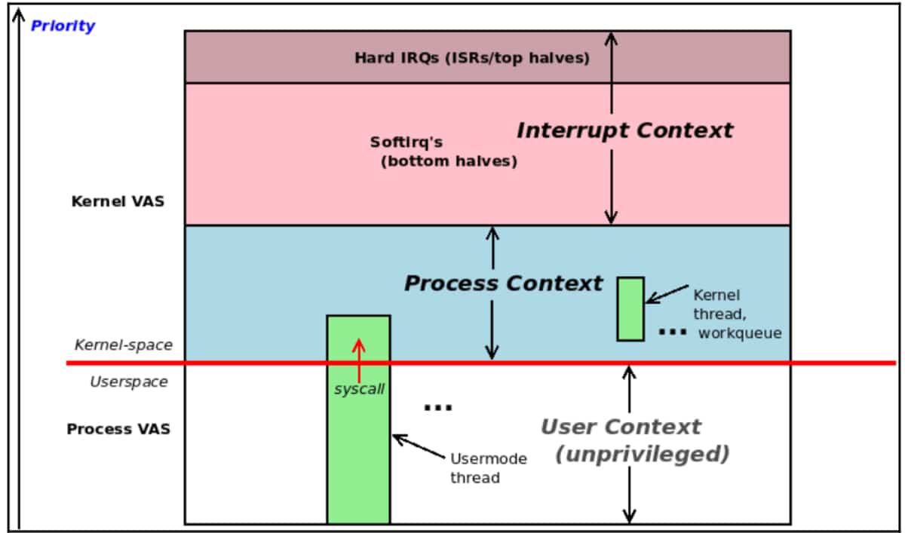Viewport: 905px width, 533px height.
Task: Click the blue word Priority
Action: click(63, 26)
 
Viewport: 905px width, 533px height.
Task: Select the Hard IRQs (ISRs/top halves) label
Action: click(472, 57)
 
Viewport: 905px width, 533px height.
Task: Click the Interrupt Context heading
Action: click(624, 130)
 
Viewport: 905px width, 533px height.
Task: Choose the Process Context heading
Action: click(503, 283)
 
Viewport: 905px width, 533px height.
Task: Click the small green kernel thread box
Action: click(630, 308)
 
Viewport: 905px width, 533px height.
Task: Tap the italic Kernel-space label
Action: click(123, 345)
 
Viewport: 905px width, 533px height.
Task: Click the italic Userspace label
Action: click(128, 381)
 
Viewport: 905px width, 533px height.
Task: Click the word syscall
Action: click(359, 390)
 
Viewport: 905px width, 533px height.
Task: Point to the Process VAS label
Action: click(118, 429)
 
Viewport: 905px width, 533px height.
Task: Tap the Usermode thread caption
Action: click(488, 467)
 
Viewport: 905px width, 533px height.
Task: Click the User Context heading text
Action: click(621, 427)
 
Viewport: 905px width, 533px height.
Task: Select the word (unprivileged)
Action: click(642, 454)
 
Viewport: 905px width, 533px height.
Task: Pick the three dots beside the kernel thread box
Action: click(672, 332)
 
